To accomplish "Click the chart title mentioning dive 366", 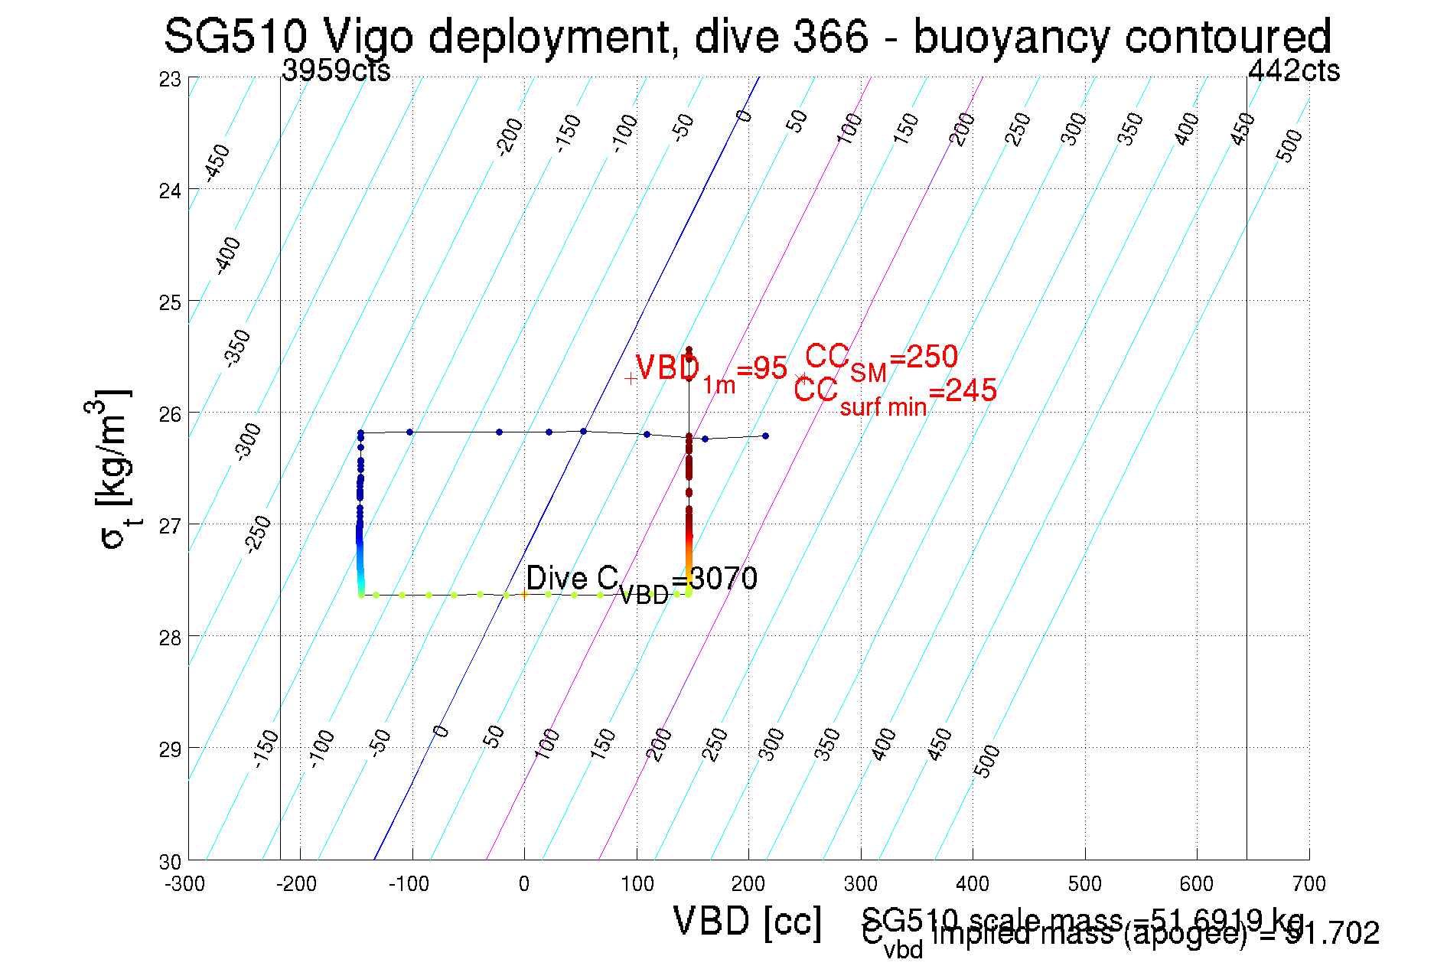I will [747, 37].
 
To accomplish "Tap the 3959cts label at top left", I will [336, 71].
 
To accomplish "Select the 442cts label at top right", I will [1293, 71].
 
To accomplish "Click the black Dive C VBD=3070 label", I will [641, 581].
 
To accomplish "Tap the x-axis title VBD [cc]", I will [747, 921].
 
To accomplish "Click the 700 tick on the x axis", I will [1308, 884].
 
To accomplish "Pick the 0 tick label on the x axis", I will [523, 884].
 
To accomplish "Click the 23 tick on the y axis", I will [170, 79].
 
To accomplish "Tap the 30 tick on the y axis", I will [170, 862].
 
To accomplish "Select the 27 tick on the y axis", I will [170, 526].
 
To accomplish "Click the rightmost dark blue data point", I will [765, 436].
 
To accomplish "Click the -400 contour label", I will [227, 256].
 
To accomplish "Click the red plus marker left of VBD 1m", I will [630, 378].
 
